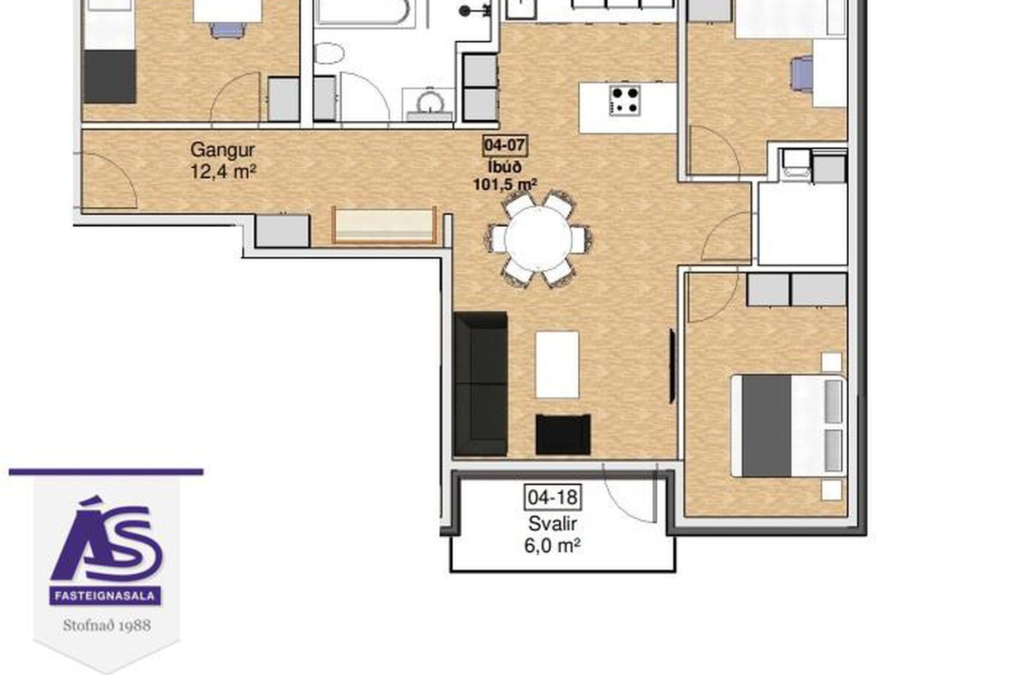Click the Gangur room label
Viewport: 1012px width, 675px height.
(222, 150)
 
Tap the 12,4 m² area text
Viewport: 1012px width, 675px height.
(223, 171)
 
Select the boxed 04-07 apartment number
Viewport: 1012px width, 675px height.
(505, 145)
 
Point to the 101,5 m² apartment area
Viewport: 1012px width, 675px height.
(505, 185)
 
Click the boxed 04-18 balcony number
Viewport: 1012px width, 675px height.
(553, 497)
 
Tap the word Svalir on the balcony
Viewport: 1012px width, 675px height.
(553, 524)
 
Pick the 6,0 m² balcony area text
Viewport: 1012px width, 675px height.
(552, 545)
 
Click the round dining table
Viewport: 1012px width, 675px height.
(538, 238)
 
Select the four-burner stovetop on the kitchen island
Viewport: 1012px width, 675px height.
(626, 100)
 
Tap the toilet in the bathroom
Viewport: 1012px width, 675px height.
(329, 53)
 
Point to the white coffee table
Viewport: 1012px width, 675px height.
(557, 364)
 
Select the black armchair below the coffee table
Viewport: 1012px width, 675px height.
(563, 434)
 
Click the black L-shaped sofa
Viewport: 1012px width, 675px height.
(480, 383)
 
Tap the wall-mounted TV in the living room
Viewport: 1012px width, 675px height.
(672, 366)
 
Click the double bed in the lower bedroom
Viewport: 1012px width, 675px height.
(788, 426)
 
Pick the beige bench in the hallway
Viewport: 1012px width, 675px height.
(384, 225)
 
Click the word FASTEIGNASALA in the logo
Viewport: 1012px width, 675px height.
(105, 596)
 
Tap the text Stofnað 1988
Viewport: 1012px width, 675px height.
(107, 625)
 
